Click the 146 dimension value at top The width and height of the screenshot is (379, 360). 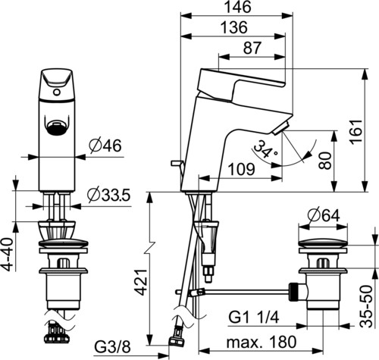(238, 7)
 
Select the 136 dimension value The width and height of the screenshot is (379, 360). (233, 27)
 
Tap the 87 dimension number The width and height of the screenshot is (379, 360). (252, 48)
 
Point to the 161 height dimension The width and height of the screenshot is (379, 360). (356, 132)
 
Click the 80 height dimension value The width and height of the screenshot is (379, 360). (324, 161)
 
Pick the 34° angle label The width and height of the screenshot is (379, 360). (265, 150)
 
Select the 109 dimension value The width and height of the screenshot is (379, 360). (241, 169)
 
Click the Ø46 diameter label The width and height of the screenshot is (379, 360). (105, 146)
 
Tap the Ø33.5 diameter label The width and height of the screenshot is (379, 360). (109, 196)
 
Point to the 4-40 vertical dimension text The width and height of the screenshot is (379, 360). (9, 254)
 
